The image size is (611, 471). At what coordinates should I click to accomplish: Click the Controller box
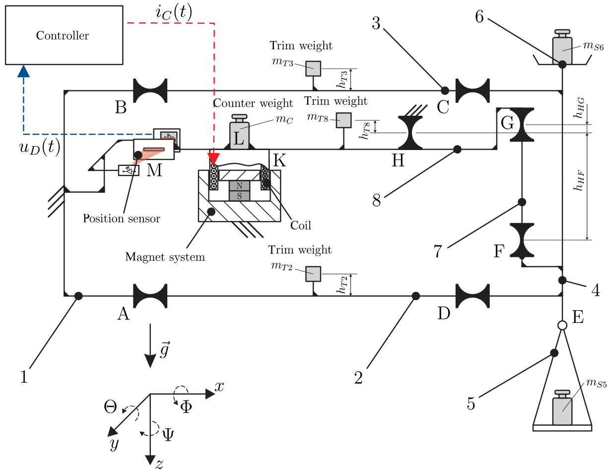coord(64,35)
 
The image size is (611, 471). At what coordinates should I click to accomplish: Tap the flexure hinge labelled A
coord(150,296)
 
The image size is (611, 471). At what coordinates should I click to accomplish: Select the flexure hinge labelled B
coord(150,90)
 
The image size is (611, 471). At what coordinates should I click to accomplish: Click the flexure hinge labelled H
coord(410,133)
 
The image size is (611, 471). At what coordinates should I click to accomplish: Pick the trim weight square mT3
coord(313,69)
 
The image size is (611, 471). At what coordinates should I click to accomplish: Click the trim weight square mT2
coord(313,274)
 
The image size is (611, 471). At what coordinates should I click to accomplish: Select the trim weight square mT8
coord(343,120)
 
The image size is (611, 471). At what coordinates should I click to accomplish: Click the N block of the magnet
coord(239,186)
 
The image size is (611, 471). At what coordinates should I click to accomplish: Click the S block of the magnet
coord(239,196)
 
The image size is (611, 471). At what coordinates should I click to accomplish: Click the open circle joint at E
coord(562,325)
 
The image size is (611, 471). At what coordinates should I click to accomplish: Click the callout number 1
coord(23,377)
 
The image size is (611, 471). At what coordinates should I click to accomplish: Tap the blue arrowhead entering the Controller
coord(23,72)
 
